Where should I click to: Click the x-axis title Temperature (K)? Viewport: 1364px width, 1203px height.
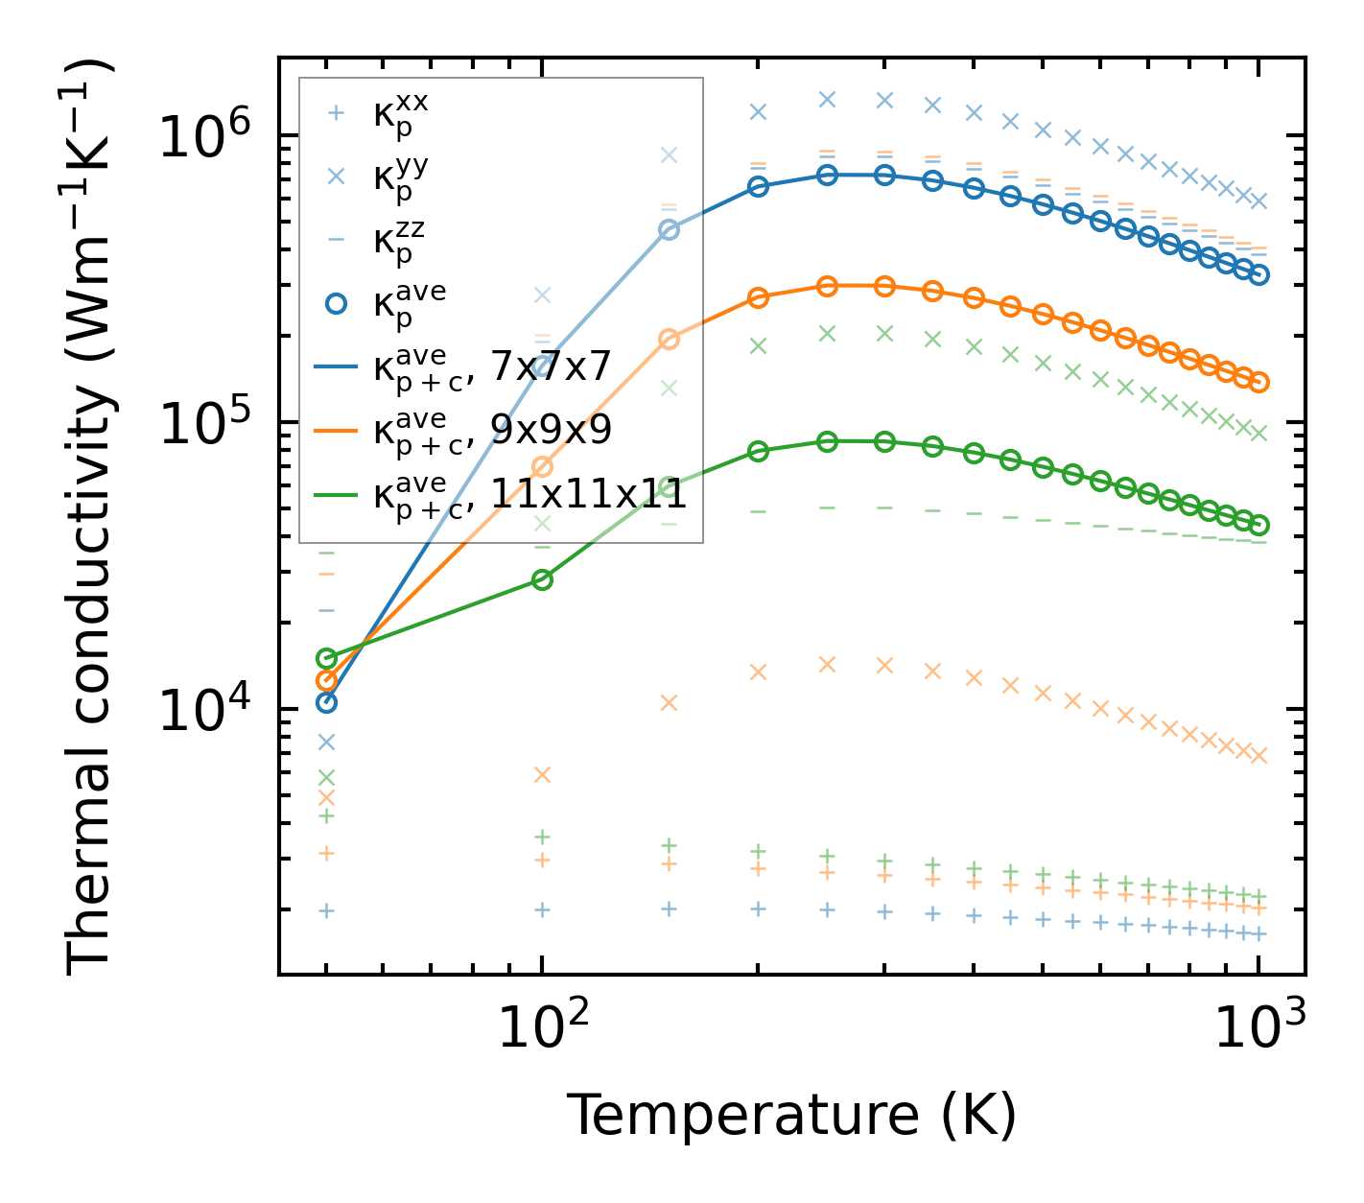click(x=791, y=1116)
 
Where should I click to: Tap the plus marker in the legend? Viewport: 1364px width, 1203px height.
click(x=335, y=113)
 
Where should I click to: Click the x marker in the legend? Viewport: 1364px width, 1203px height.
click(x=335, y=177)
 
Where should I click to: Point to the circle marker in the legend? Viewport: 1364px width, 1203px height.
click(x=335, y=303)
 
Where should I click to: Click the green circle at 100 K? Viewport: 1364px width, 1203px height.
click(x=542, y=579)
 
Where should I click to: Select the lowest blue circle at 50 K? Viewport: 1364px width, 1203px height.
click(x=326, y=702)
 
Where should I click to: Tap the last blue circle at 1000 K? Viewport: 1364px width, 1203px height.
click(x=1258, y=274)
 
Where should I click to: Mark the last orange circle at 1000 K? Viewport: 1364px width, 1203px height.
click(x=1258, y=382)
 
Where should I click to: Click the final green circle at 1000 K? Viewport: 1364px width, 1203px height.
click(x=1258, y=525)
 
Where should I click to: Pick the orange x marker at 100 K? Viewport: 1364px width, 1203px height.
click(x=542, y=774)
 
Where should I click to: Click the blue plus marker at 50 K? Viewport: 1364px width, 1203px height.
click(x=326, y=910)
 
